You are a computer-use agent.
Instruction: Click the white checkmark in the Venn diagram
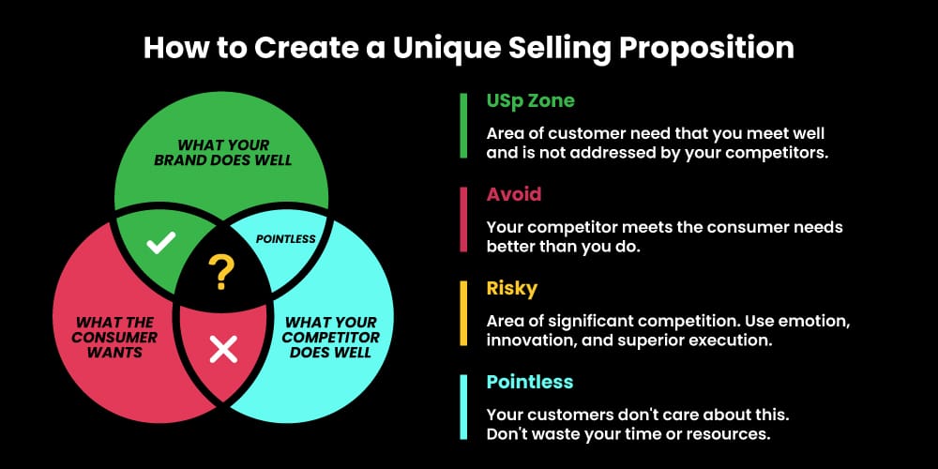[161, 243]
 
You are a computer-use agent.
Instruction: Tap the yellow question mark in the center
[221, 273]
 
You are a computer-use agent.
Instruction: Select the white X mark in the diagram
[222, 350]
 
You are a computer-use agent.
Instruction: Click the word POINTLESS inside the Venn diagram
[285, 238]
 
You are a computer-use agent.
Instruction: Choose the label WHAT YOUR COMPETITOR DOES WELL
[331, 337]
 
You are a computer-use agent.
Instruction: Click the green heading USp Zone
[530, 100]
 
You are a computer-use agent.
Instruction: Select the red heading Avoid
[513, 194]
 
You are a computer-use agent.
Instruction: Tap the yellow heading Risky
[513, 288]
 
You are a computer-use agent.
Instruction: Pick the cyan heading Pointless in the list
[530, 382]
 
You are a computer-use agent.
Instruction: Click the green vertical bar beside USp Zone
[463, 126]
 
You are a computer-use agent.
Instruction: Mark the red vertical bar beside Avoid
[463, 219]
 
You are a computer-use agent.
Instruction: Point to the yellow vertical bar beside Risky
[463, 313]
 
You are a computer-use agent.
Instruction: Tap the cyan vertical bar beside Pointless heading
[463, 407]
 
